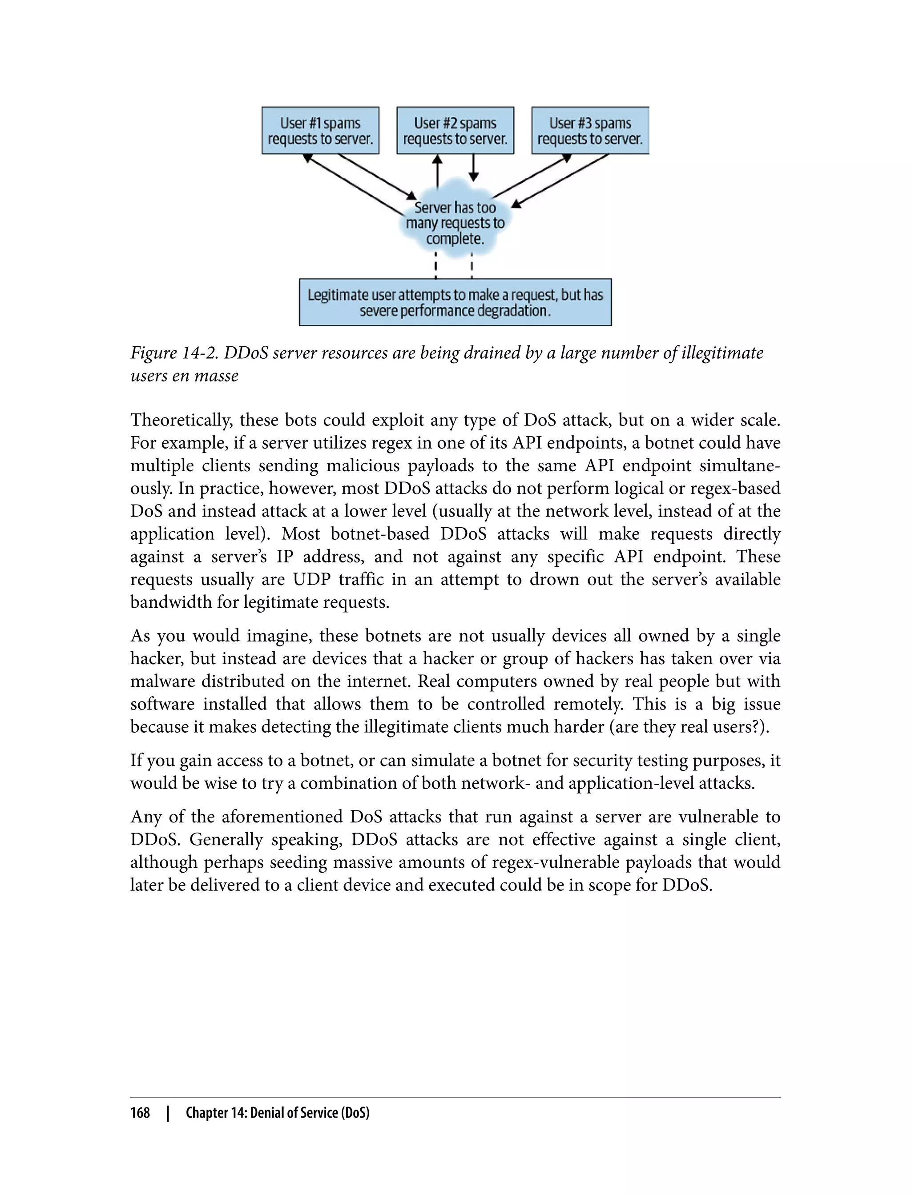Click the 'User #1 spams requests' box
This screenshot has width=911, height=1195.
[x=320, y=131]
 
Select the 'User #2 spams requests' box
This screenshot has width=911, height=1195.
[x=455, y=131]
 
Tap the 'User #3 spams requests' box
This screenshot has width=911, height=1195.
[x=590, y=131]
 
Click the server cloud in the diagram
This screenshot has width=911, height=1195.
[x=455, y=223]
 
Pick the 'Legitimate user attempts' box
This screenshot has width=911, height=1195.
[x=455, y=302]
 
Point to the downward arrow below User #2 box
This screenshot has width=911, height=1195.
[x=473, y=168]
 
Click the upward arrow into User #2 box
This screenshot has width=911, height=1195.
[x=437, y=170]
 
